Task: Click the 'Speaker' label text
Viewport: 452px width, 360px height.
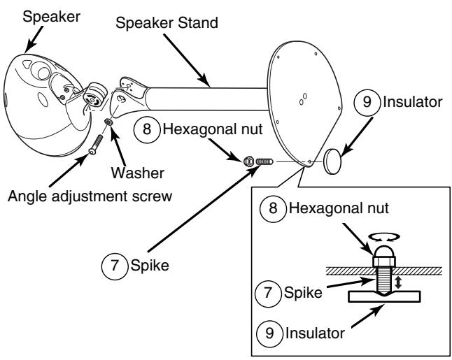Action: pyautogui.click(x=51, y=17)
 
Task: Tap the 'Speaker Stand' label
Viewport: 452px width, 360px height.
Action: pyautogui.click(x=167, y=23)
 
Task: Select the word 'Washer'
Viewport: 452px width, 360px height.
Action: pyautogui.click(x=138, y=173)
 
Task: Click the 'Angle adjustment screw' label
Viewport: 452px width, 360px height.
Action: pyautogui.click(x=90, y=196)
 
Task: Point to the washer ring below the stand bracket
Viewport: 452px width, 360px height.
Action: pyautogui.click(x=108, y=122)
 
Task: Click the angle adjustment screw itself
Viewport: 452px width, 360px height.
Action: pyautogui.click(x=96, y=144)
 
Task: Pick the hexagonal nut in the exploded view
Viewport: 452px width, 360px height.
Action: pyautogui.click(x=249, y=161)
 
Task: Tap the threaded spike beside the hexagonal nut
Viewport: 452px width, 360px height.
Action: pyautogui.click(x=264, y=161)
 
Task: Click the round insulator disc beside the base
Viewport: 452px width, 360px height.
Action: pyautogui.click(x=332, y=161)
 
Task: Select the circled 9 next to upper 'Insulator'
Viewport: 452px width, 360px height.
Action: pyautogui.click(x=367, y=101)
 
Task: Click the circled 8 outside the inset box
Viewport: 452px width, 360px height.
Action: pyautogui.click(x=147, y=129)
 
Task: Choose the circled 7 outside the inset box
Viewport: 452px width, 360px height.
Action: pyautogui.click(x=115, y=265)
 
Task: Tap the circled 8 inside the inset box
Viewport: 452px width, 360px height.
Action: pyautogui.click(x=273, y=208)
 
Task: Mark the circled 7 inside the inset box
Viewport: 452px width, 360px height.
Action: pyautogui.click(x=268, y=293)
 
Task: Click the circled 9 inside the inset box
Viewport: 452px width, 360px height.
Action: pyautogui.click(x=269, y=333)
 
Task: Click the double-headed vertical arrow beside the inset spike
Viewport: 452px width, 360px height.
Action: pyautogui.click(x=398, y=282)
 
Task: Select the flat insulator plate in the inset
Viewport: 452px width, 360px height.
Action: pyautogui.click(x=384, y=296)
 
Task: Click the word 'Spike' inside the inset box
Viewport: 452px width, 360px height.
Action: pyautogui.click(x=303, y=293)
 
